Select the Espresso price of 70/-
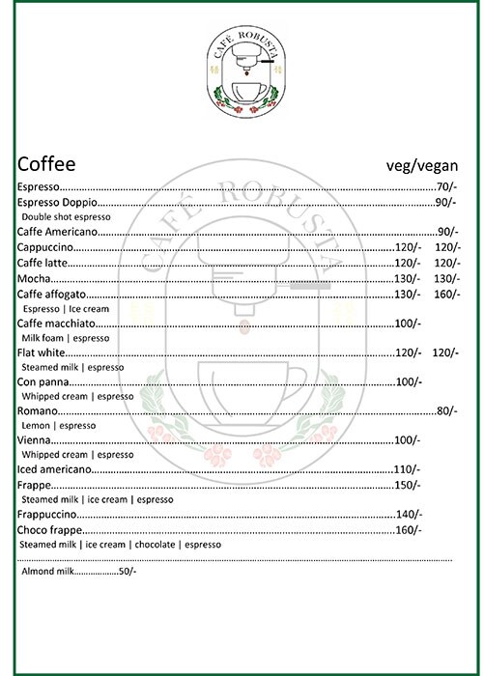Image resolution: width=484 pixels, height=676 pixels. coord(445,186)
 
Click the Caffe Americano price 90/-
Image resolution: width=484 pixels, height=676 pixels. coord(445,233)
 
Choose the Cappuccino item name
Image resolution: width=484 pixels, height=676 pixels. coord(45,248)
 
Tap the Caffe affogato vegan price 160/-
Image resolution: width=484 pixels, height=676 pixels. coord(445,294)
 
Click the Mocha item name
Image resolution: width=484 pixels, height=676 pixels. coord(34,278)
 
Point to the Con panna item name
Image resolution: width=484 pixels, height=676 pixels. coord(41,382)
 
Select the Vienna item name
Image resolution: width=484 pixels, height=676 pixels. coord(35,440)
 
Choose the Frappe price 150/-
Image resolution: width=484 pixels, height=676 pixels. coord(410,485)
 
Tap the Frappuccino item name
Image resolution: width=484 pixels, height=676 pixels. coord(50,515)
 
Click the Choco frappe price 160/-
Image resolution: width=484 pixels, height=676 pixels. coord(410,530)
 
